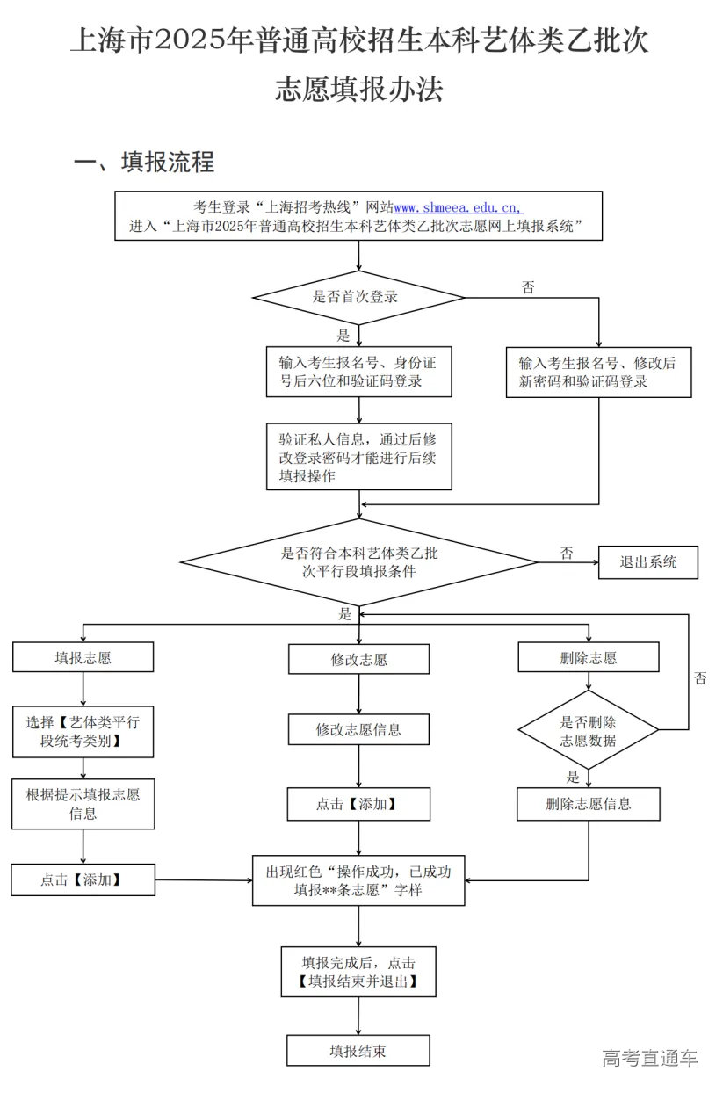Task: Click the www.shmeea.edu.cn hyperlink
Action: point(458,207)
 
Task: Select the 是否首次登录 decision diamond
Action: point(358,297)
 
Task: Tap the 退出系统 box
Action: point(647,562)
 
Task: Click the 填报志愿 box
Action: point(83,657)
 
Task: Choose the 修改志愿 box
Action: point(358,659)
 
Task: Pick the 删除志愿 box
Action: point(588,657)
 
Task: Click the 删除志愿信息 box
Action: point(588,803)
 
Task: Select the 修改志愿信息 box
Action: point(358,729)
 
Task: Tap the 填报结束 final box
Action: point(358,1050)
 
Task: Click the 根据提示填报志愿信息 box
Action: point(83,804)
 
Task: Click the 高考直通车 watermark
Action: point(649,1057)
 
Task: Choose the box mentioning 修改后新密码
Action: point(598,373)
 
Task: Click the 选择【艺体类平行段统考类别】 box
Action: point(83,732)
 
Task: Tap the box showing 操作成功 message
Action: point(358,880)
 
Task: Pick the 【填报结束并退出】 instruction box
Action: point(358,972)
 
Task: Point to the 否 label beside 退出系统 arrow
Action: point(567,554)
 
